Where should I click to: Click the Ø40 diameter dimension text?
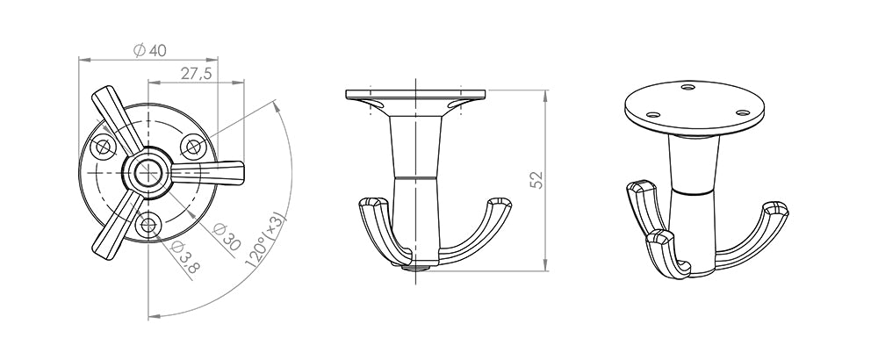coord(150,51)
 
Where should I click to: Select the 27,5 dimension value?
coord(197,75)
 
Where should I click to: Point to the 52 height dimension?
coord(536,180)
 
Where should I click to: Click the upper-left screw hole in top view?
coord(105,146)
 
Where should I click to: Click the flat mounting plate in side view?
coord(415,94)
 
